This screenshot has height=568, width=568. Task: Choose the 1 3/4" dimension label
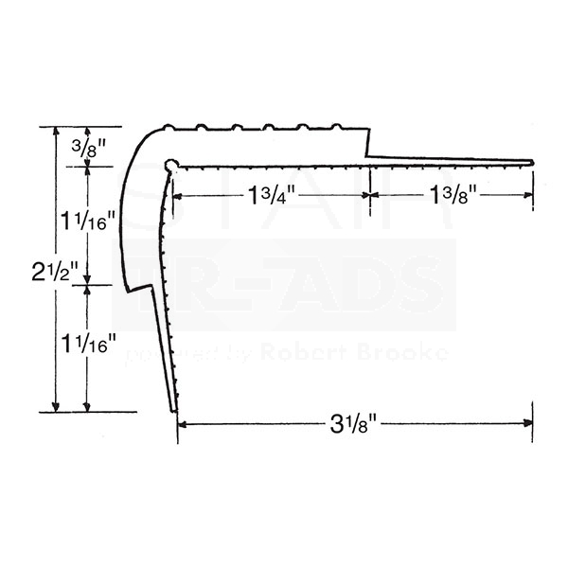coord(272,195)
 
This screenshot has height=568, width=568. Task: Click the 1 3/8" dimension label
coord(452,195)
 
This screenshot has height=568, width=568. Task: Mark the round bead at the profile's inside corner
coord(171,166)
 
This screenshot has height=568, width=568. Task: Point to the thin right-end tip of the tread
coord(531,163)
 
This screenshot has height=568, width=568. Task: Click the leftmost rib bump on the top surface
coord(169,126)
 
